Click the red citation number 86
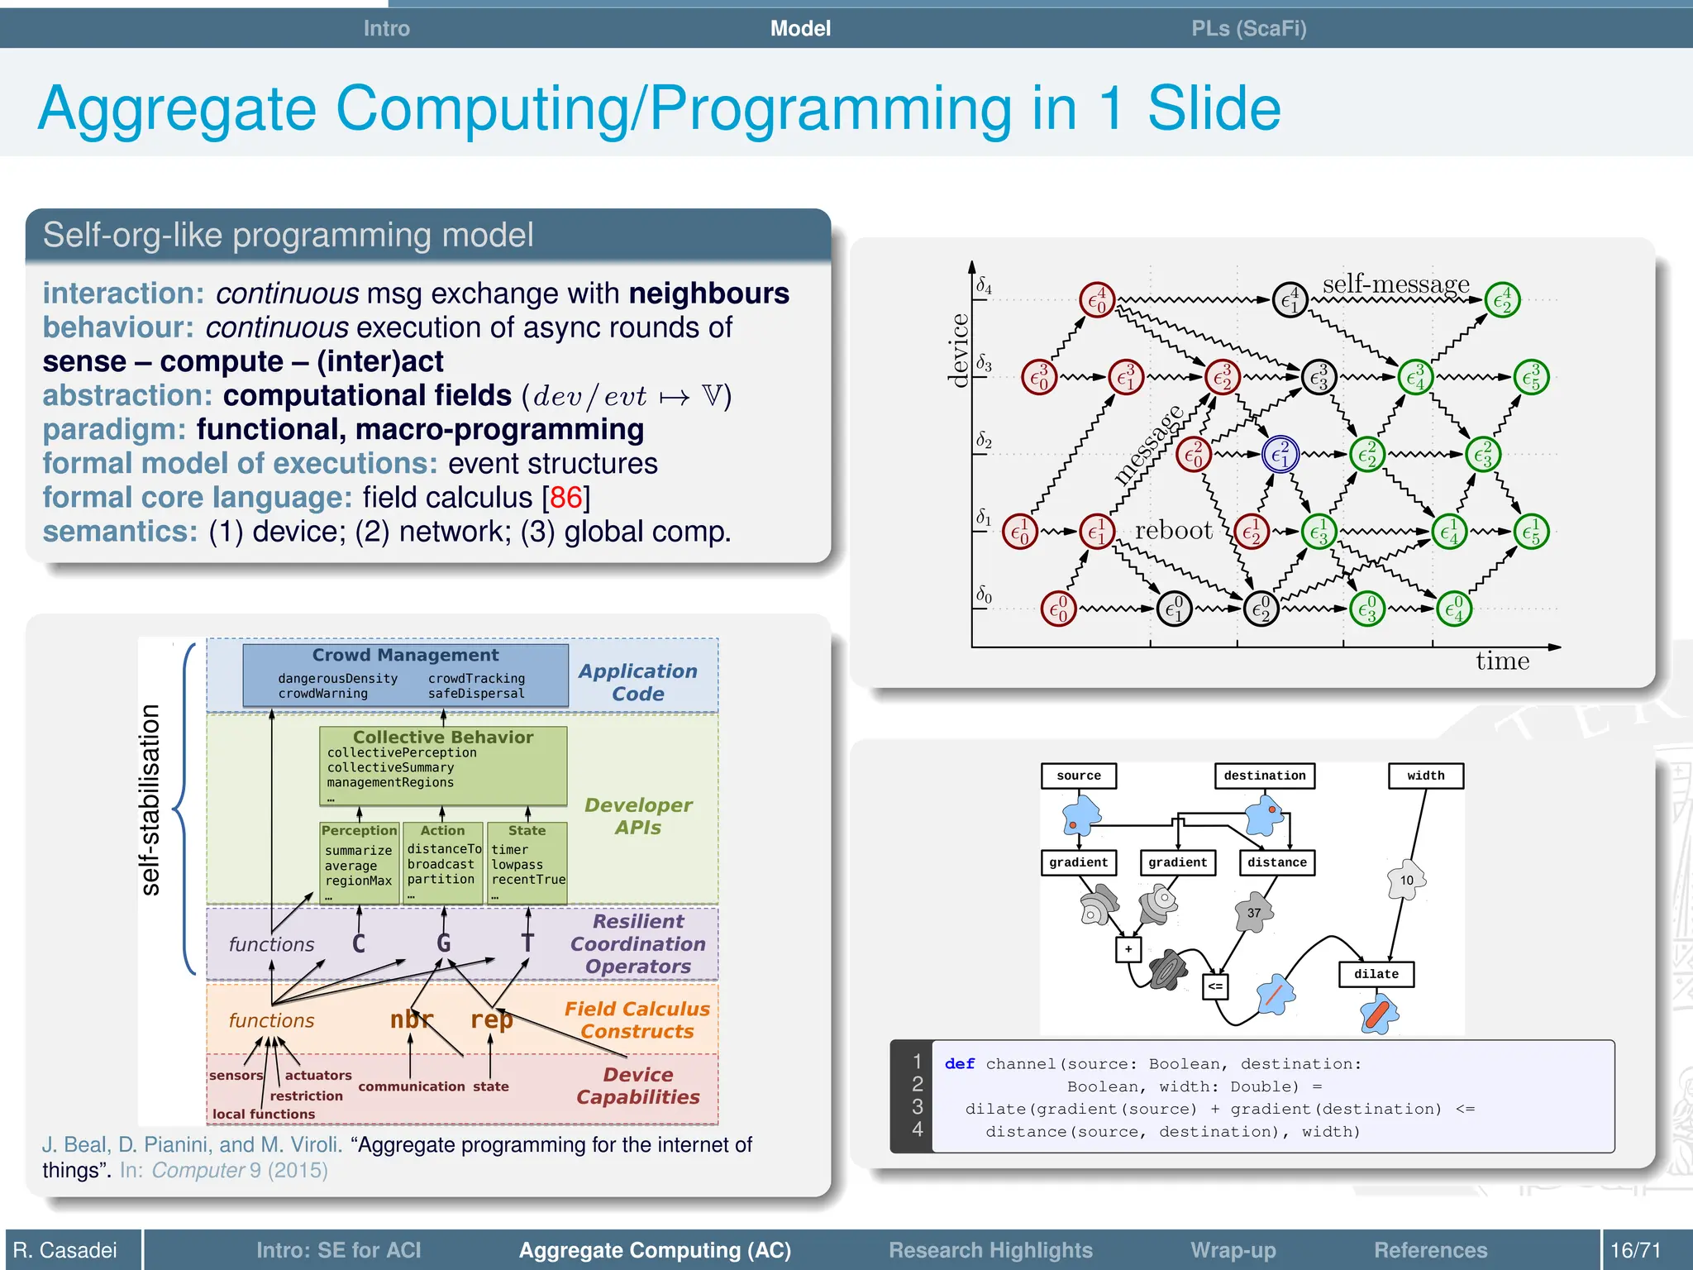(x=565, y=498)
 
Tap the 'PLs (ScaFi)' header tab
(x=1248, y=29)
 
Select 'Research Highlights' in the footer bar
(x=990, y=1249)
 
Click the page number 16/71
(x=1634, y=1249)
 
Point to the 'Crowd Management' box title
(x=405, y=655)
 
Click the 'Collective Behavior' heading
(x=443, y=737)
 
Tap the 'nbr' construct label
(x=411, y=1019)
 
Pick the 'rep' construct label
(x=491, y=1020)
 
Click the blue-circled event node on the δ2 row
(x=1280, y=454)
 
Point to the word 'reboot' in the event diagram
(x=1173, y=530)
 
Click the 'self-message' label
(x=1395, y=284)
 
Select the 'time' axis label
(x=1502, y=661)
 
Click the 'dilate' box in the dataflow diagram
(x=1376, y=974)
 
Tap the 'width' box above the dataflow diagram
(x=1425, y=776)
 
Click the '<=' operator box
(x=1215, y=986)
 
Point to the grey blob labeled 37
(x=1254, y=913)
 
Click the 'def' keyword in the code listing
(x=959, y=1064)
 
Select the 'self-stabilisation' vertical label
(x=150, y=800)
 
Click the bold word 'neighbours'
(x=708, y=294)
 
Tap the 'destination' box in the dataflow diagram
(x=1264, y=776)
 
